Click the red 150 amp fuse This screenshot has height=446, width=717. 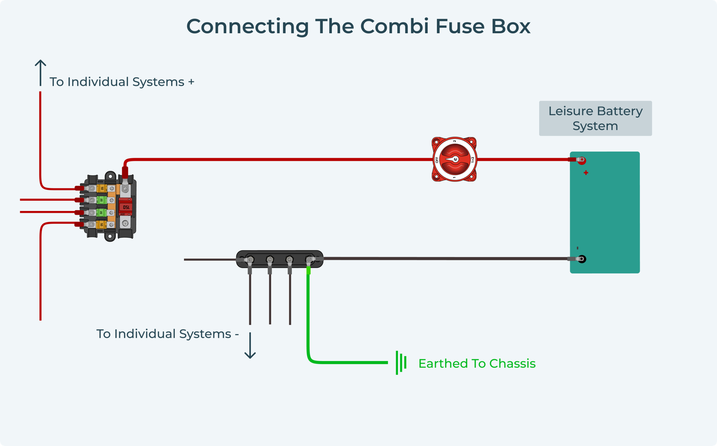pyautogui.click(x=125, y=207)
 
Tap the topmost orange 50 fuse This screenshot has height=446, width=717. pyautogui.click(x=102, y=188)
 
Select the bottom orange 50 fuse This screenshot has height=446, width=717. pyautogui.click(x=102, y=225)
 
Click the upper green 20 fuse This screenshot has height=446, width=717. pyautogui.click(x=102, y=200)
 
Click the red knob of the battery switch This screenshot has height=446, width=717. pyautogui.click(x=455, y=159)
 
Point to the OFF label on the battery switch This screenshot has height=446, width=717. pyautogui.click(x=437, y=160)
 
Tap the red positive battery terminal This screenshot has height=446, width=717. pyautogui.click(x=581, y=160)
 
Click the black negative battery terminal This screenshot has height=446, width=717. pyautogui.click(x=581, y=259)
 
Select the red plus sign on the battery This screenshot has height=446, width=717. pyautogui.click(x=586, y=173)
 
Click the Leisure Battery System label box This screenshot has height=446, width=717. pyautogui.click(x=595, y=118)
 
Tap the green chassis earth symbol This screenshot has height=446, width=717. pyautogui.click(x=401, y=363)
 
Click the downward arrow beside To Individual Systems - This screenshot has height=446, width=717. pyautogui.click(x=250, y=345)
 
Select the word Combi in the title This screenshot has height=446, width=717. pyautogui.click(x=394, y=27)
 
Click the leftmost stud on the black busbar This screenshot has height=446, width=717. pyautogui.click(x=250, y=259)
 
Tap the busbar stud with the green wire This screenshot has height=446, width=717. pyautogui.click(x=309, y=259)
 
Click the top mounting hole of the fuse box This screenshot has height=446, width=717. pyautogui.click(x=110, y=176)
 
